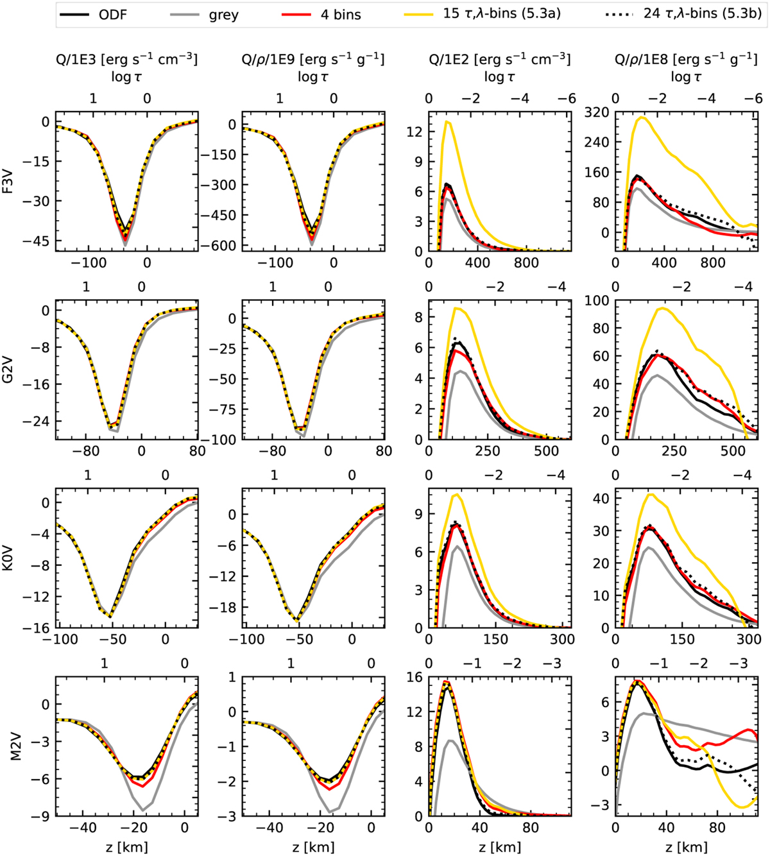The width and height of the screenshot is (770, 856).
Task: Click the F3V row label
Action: [x=8, y=182]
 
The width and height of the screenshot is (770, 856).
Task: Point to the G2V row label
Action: [x=8, y=370]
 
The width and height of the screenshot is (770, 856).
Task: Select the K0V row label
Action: [x=8, y=558]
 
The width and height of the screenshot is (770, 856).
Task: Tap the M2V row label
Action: [x=8, y=747]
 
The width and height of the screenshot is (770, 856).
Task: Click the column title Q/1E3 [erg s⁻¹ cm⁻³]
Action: [x=126, y=60]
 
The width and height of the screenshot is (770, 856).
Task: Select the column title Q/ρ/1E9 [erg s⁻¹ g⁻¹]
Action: [x=313, y=60]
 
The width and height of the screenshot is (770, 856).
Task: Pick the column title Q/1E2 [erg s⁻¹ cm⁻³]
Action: [x=499, y=60]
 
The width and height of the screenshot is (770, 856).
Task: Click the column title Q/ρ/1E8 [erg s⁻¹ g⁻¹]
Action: [x=686, y=60]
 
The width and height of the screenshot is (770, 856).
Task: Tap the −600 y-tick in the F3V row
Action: [x=219, y=246]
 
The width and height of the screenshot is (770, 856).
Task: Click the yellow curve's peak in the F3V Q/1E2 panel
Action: [x=447, y=121]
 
